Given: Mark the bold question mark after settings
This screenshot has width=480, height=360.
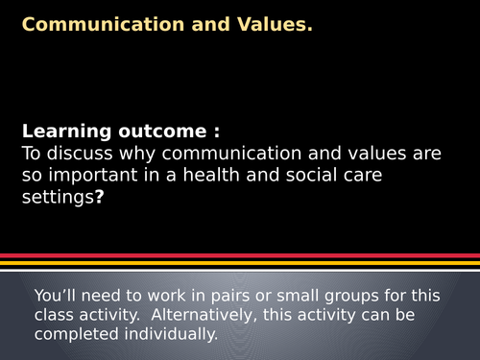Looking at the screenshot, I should click(x=99, y=198).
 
